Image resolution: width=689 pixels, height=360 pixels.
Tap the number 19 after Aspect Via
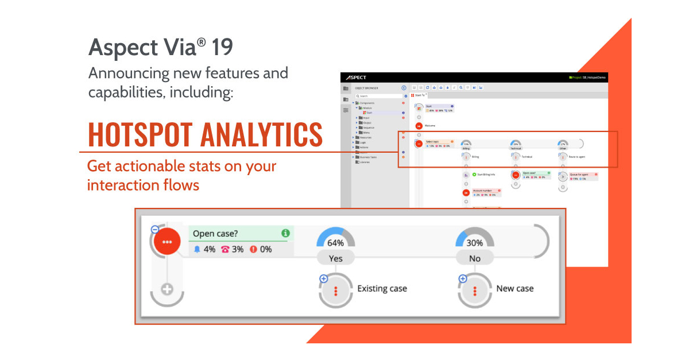point(222,48)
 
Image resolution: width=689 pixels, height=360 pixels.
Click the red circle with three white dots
point(167,242)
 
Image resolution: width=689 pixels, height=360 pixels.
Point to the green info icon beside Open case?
point(285,233)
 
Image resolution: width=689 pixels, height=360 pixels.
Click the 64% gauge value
point(336,243)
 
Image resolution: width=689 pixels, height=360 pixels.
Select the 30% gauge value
point(474,243)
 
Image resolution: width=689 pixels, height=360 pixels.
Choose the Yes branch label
point(336,258)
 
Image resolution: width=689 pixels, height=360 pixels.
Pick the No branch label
point(474,258)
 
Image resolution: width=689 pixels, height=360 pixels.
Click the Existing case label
point(382,288)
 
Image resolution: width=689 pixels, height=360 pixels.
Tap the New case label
point(515,288)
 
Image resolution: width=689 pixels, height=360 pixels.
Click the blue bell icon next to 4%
point(198,250)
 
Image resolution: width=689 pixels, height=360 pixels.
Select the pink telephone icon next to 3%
point(225,250)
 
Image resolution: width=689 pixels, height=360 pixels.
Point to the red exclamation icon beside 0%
point(253,250)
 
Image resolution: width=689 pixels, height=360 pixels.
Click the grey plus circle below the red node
point(167,289)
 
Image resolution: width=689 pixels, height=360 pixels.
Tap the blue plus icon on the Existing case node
point(323,279)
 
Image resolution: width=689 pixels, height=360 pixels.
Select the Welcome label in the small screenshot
point(430,125)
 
